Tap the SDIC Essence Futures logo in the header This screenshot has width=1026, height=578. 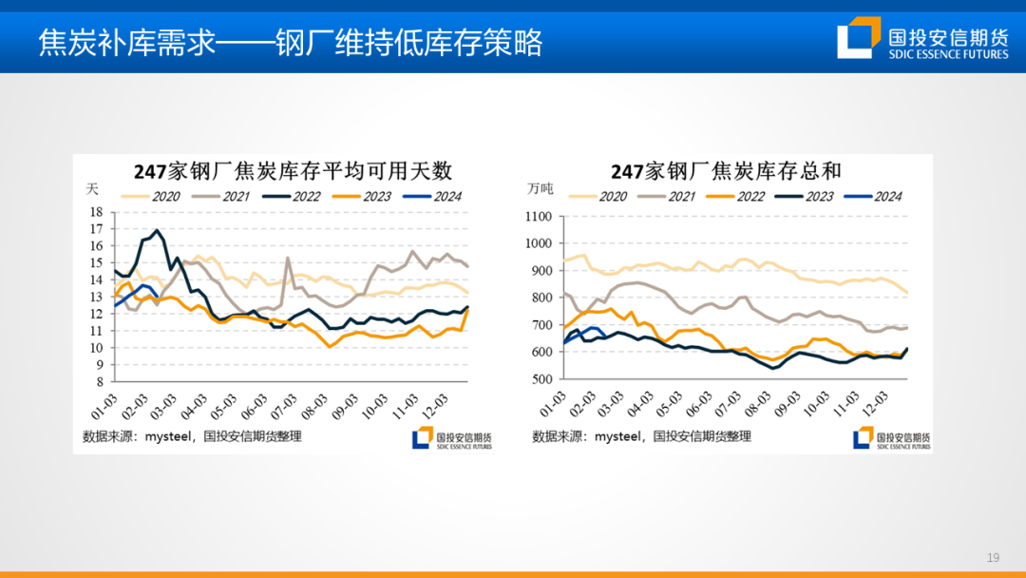coord(922,39)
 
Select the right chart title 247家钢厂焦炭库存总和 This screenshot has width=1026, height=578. coord(726,171)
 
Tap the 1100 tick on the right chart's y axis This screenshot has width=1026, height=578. coord(538,217)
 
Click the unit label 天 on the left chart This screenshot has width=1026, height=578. coord(93,189)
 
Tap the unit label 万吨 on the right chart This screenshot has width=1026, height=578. coord(540,189)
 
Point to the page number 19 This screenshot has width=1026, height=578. coord(994,557)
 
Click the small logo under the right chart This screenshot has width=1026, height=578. coord(891,438)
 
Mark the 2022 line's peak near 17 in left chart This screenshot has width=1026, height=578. coord(156,230)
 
